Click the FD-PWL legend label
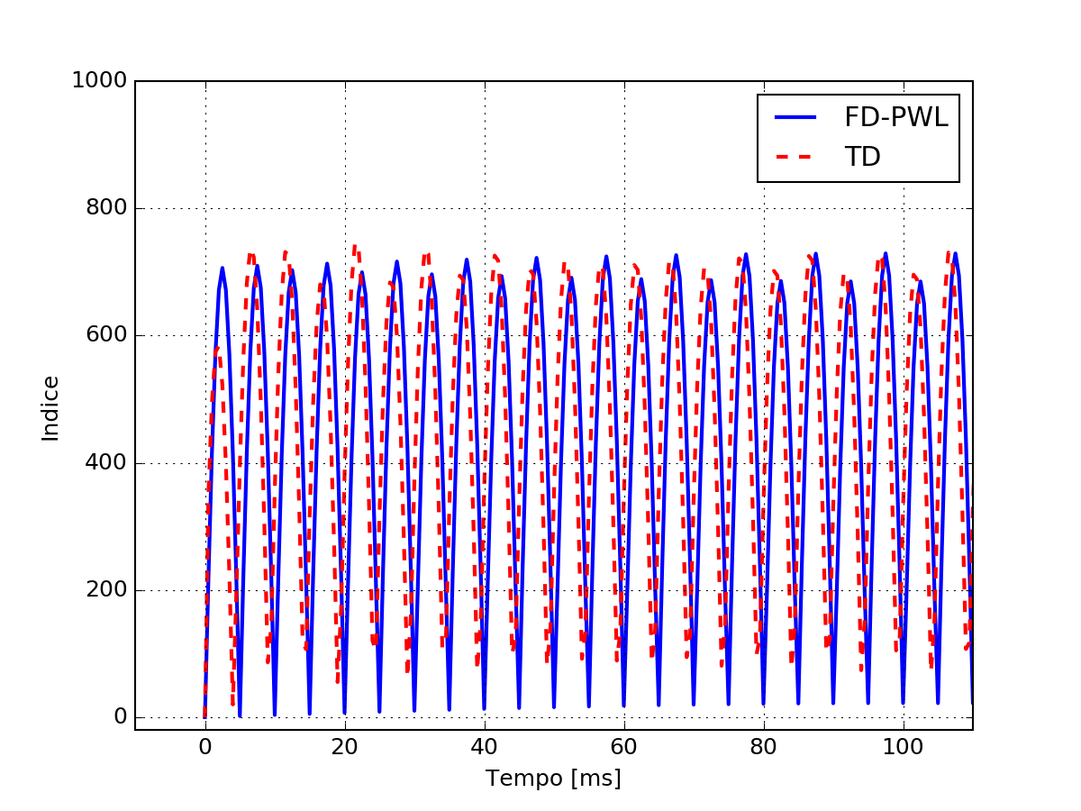[x=895, y=117]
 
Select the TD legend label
[x=862, y=157]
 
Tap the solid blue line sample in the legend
[x=795, y=117]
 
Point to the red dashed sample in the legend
[x=795, y=157]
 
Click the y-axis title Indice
[x=50, y=408]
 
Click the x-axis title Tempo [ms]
[x=553, y=779]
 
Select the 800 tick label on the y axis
[x=105, y=209]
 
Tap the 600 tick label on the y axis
[x=105, y=336]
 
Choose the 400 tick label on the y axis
[x=105, y=464]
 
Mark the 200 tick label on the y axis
[x=105, y=591]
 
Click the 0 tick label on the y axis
[x=117, y=718]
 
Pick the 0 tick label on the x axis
[x=205, y=749]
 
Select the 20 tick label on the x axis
[x=345, y=749]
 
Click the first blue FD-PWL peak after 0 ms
[x=222, y=269]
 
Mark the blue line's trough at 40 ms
[x=485, y=707]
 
